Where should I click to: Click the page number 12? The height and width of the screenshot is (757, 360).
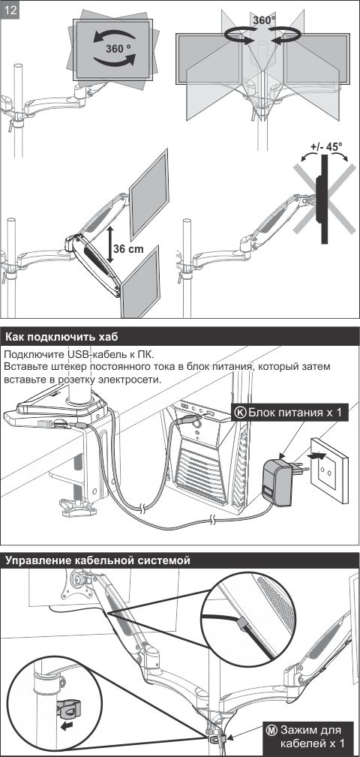[10, 11]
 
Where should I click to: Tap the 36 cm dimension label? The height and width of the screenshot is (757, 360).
[129, 249]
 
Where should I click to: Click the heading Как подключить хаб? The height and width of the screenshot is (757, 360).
[61, 337]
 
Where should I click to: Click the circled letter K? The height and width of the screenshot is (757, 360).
[240, 413]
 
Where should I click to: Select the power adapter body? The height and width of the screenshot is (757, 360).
[278, 482]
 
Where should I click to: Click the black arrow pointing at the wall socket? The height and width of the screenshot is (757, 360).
[314, 455]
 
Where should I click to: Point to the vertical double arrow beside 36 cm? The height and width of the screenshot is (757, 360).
[110, 244]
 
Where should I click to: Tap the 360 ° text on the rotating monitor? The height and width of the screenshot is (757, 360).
[118, 48]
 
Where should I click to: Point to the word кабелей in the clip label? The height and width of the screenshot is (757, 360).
[301, 743]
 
